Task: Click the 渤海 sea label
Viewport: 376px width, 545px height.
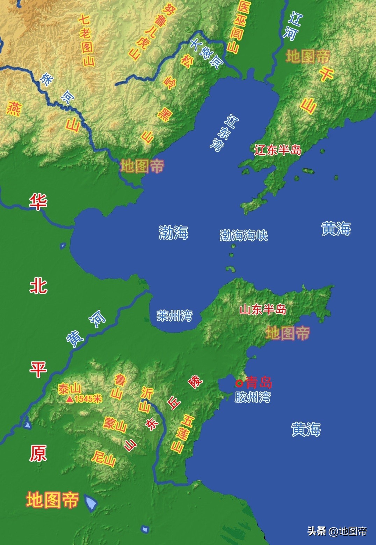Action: [173, 232]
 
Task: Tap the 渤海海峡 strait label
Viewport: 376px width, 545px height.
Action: [244, 236]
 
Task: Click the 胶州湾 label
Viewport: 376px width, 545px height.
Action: [252, 397]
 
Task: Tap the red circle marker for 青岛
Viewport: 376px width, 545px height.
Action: [239, 383]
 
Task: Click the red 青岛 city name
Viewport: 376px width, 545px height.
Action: [259, 382]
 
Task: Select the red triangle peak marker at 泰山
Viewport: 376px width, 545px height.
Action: [70, 399]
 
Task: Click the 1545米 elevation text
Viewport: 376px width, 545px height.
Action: [88, 399]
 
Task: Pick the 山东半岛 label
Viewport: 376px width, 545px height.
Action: [263, 309]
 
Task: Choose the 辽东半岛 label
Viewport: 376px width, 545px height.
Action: [277, 150]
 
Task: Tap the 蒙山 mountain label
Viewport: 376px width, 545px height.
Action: [115, 424]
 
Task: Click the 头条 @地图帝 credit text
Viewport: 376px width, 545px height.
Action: [337, 531]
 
